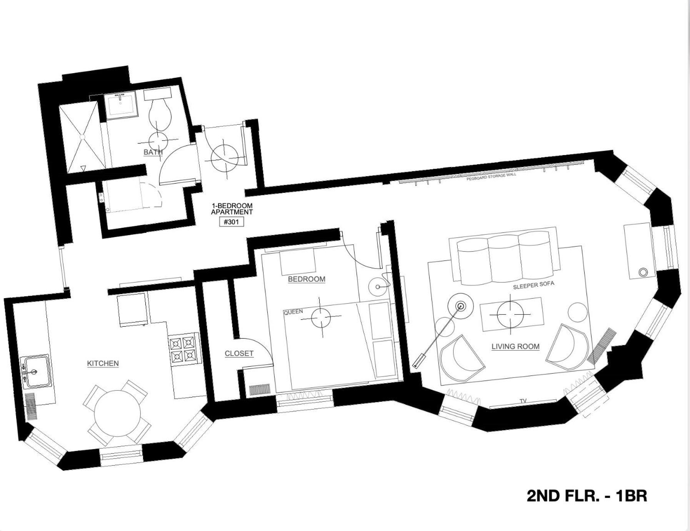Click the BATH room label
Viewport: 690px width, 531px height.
click(153, 152)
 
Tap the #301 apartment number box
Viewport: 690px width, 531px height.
click(232, 222)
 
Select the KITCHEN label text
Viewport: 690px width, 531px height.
click(103, 363)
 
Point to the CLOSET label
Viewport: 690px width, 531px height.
click(239, 353)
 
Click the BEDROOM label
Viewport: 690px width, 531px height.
click(307, 279)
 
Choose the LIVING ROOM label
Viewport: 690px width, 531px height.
click(515, 346)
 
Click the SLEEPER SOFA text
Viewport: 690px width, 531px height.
click(533, 285)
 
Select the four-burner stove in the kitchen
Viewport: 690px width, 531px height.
click(183, 349)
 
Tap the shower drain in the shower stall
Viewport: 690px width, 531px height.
click(82, 136)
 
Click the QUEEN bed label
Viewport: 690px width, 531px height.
click(293, 312)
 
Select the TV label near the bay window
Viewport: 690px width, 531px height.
click(523, 401)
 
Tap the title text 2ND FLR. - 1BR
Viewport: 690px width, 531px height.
click(587, 496)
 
